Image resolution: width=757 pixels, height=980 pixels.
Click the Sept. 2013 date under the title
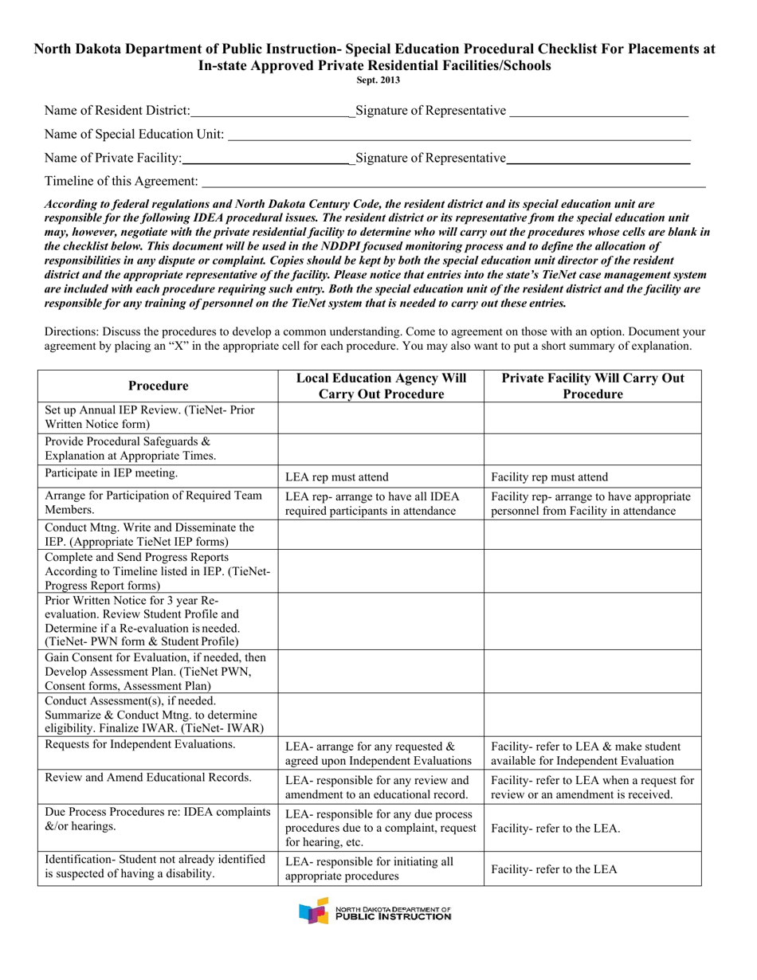pos(378,80)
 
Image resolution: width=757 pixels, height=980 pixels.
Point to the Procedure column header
pos(158,386)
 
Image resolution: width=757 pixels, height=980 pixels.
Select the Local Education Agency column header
pos(381,386)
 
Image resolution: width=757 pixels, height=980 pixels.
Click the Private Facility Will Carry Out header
pos(592,386)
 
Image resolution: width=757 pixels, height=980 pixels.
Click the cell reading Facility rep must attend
pos(549,478)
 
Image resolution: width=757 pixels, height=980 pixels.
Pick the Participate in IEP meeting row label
pos(112,473)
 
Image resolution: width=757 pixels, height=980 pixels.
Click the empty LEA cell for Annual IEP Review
pos(381,417)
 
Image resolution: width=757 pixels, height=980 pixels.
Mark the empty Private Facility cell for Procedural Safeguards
pos(592,449)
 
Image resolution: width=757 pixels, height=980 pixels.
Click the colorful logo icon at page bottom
pos(313,911)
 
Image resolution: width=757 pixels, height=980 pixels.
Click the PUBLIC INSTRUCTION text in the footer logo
pos(393,917)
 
